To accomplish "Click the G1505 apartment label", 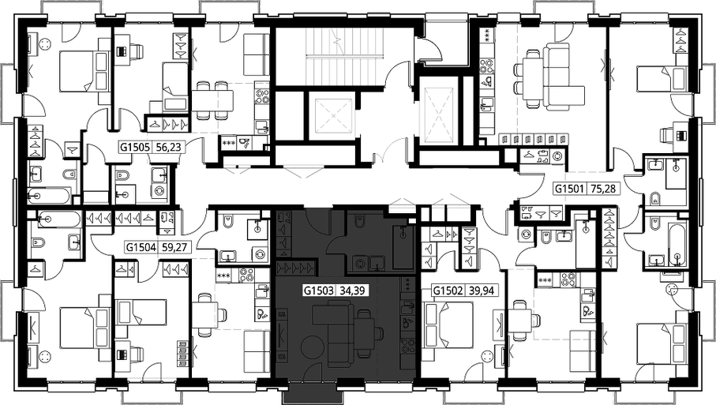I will click(x=135, y=147).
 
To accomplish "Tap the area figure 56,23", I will click(x=165, y=147).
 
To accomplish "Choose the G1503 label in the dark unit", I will click(x=319, y=291).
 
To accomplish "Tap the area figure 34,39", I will click(x=349, y=291).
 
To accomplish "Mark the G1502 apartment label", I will click(x=448, y=291).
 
